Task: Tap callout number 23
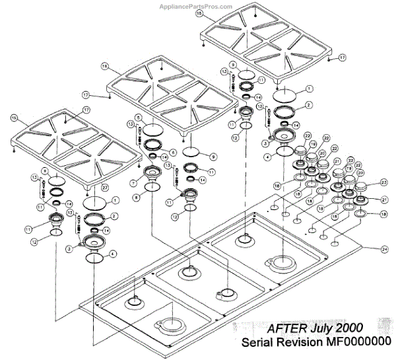383,183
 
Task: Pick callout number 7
133,182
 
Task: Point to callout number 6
173,152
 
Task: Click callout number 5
138,118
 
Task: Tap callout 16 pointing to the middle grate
104,66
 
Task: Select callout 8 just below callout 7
135,196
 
